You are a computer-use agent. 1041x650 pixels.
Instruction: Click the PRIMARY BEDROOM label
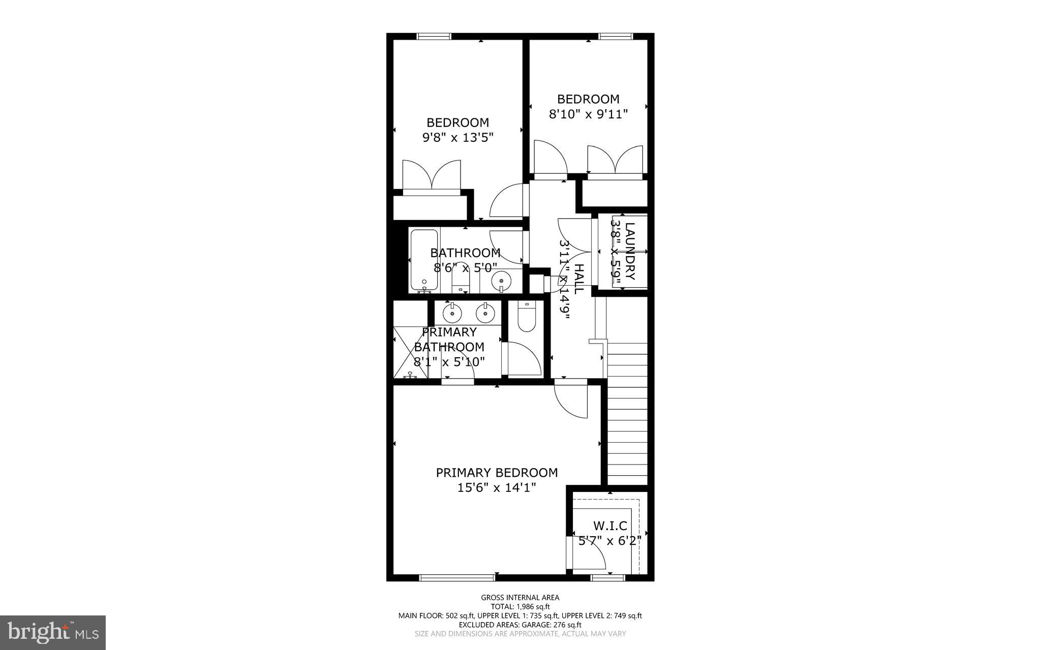pyautogui.click(x=497, y=473)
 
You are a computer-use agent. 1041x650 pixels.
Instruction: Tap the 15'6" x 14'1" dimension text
pyautogui.click(x=497, y=488)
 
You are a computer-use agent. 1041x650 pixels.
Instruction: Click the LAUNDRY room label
pyautogui.click(x=630, y=251)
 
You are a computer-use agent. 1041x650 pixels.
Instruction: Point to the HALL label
pyautogui.click(x=578, y=279)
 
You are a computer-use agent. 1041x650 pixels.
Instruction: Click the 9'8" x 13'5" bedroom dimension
pyautogui.click(x=458, y=137)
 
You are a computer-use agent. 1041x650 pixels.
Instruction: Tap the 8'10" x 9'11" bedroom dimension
pyautogui.click(x=588, y=114)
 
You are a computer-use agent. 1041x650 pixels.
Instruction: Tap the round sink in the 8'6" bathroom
pyautogui.click(x=501, y=280)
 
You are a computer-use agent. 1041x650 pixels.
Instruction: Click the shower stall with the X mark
pyautogui.click(x=410, y=353)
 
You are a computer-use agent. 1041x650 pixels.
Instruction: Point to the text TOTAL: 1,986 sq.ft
pyautogui.click(x=520, y=606)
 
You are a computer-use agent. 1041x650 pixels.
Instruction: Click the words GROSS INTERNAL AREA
pyautogui.click(x=520, y=598)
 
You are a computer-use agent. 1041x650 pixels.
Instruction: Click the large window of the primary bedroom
pyautogui.click(x=457, y=577)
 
